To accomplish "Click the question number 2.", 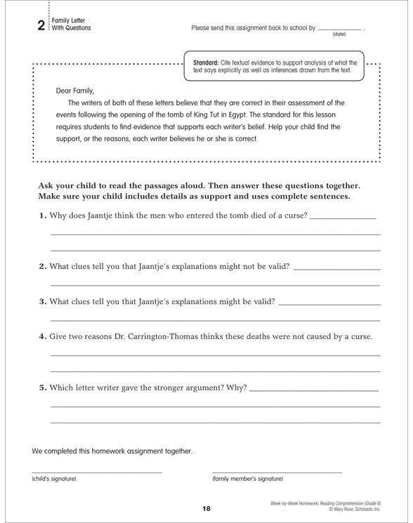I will click(x=43, y=265).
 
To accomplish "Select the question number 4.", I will click(x=43, y=336).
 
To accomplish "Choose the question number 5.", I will click(x=43, y=388).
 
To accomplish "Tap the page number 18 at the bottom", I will click(x=206, y=508).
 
